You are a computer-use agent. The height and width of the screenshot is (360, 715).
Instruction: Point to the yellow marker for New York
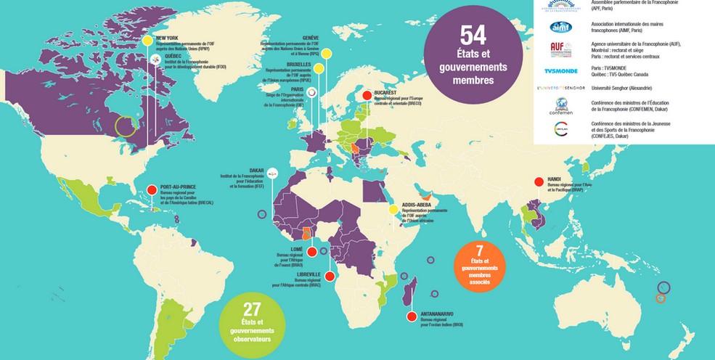(148, 41)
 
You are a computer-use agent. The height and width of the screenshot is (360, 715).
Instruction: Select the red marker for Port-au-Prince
(151, 189)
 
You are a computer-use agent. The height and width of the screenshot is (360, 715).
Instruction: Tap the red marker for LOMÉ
(311, 252)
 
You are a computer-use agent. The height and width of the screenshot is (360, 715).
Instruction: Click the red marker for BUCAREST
(367, 94)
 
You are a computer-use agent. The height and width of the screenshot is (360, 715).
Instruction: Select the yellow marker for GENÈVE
(327, 53)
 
